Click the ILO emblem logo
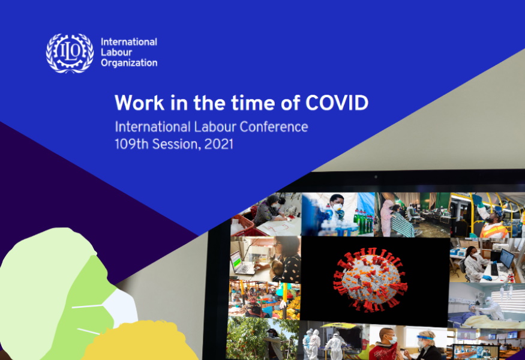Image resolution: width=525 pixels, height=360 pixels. tap(70, 53)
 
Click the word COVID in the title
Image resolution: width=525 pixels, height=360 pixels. tap(337, 103)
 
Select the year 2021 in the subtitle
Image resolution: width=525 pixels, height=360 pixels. tap(218, 144)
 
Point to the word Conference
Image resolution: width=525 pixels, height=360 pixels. tap(274, 127)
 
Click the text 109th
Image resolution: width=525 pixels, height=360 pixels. tap(131, 144)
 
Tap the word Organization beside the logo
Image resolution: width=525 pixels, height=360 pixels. tap(129, 62)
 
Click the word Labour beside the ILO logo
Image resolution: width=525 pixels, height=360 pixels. tap(116, 52)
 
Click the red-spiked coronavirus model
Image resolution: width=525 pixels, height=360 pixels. tap(370, 280)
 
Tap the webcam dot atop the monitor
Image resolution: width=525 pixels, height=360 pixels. tap(376, 176)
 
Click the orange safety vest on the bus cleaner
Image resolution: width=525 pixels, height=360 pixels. tap(494, 231)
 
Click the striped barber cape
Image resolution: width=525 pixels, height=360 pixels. tap(403, 224)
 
